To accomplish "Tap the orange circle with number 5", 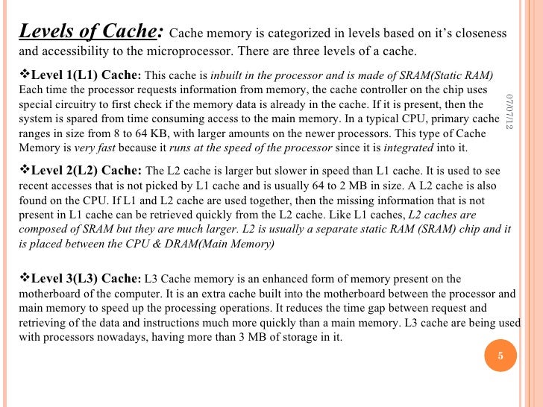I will (x=501, y=356).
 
